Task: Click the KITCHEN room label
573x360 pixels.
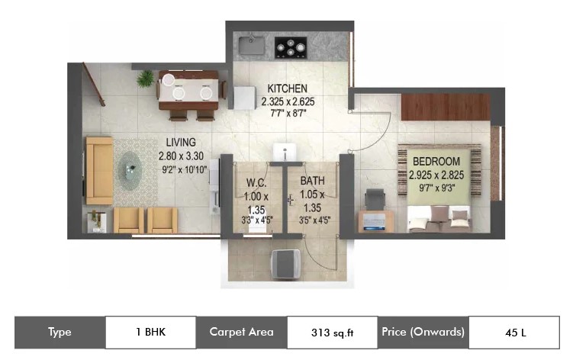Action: [x=287, y=88]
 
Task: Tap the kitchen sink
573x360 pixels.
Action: [x=252, y=45]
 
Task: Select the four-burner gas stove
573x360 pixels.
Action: [x=291, y=47]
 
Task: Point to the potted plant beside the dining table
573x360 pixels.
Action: [x=145, y=79]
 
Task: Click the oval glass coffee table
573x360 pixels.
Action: [x=130, y=171]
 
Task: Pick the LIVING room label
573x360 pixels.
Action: [x=181, y=142]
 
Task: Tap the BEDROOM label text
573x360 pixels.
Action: [x=436, y=162]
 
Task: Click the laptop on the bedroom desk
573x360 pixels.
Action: [x=374, y=222]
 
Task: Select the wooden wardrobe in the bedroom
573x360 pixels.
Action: [x=446, y=107]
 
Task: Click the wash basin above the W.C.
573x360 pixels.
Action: [x=285, y=152]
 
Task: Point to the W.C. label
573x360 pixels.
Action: [x=256, y=182]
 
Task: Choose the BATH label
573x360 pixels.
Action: [x=313, y=181]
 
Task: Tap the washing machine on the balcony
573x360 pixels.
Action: [x=285, y=264]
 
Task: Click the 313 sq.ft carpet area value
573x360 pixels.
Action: [x=332, y=333]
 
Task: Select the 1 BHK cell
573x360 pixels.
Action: [x=150, y=333]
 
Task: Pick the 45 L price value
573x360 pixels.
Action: [x=516, y=333]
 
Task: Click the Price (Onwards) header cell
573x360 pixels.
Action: [x=423, y=333]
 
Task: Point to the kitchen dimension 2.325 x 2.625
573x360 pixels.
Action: [x=288, y=101]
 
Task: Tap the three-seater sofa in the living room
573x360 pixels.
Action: [x=99, y=171]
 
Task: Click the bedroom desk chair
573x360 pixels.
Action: [x=375, y=200]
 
